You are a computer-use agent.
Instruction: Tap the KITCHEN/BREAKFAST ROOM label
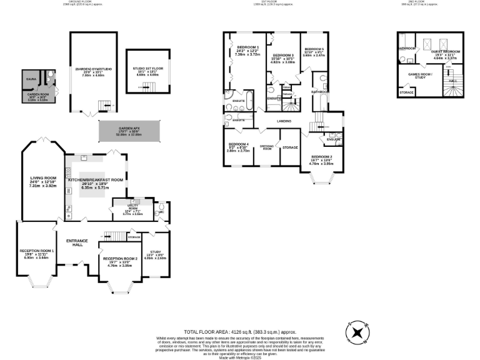point(96,179)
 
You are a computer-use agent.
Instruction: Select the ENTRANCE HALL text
point(77,242)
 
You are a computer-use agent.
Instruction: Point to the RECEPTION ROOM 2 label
point(120,258)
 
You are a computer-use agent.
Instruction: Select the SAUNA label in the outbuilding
point(31,80)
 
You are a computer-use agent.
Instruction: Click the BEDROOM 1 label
point(244,46)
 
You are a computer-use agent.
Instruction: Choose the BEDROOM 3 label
point(283,55)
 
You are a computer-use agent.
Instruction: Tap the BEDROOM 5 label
point(314,49)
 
